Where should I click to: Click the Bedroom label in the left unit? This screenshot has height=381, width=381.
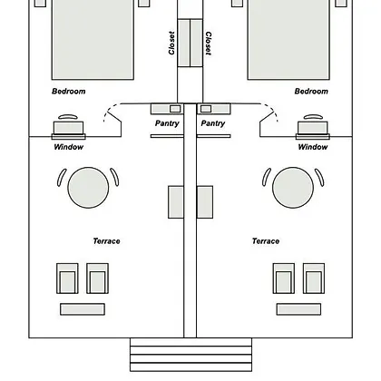pos(69,92)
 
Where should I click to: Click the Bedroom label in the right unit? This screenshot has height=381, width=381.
pos(311,92)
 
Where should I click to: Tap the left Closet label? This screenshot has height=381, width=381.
pos(171,43)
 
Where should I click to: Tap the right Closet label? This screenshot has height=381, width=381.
pos(209,44)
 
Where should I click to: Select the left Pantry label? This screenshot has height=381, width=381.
pos(167,123)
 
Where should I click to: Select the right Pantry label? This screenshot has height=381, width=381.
pos(213,123)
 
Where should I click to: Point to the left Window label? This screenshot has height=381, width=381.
pos(69,147)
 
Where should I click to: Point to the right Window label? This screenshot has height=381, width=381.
pos(313,147)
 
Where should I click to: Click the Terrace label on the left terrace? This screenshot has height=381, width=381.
pos(106,241)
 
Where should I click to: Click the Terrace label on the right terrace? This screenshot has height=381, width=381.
pos(266,241)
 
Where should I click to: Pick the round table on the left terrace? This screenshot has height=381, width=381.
pos(88,188)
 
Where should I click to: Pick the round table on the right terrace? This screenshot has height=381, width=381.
pos(293,188)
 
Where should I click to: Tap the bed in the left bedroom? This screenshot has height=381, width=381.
pos(93,39)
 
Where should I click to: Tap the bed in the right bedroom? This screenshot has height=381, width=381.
pos(288,39)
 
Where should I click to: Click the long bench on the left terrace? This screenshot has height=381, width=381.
pos(83,309)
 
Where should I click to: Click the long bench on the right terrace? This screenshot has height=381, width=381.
pos(298,309)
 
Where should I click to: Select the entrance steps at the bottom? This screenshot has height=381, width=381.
pos(190,355)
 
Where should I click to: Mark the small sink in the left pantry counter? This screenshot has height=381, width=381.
pos(175,109)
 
